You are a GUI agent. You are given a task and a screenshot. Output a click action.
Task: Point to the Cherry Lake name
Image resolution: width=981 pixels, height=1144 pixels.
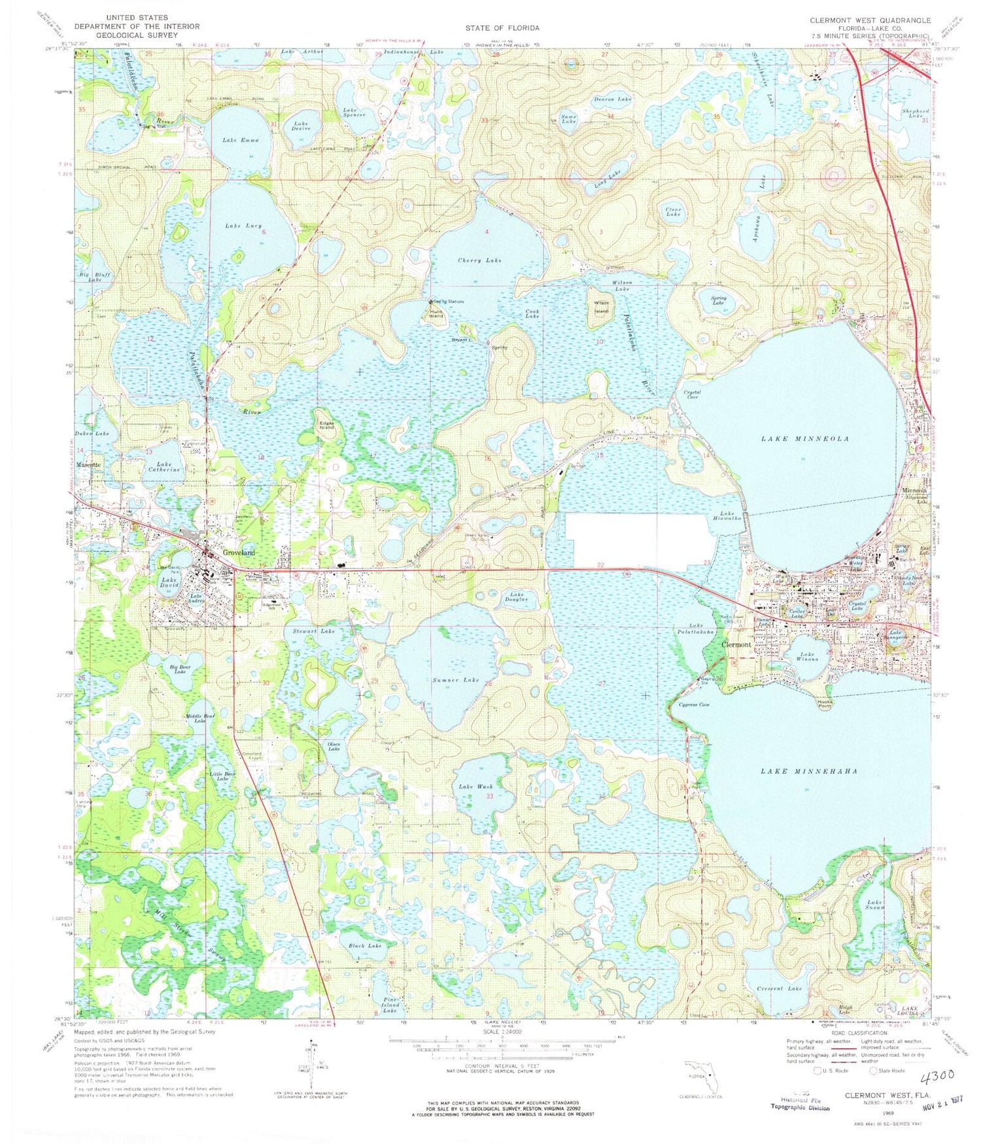point(479,260)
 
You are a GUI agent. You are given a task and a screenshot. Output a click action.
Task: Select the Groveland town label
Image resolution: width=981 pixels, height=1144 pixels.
point(239,553)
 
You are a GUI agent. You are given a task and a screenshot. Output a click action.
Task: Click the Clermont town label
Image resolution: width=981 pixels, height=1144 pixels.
point(736,644)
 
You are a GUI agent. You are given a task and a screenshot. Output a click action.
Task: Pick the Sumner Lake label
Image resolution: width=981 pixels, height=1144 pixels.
point(456,680)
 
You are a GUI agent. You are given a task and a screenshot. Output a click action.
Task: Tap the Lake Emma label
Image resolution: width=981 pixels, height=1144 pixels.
point(241,140)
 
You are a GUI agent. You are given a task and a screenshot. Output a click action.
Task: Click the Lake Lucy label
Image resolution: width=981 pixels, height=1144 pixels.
point(243,226)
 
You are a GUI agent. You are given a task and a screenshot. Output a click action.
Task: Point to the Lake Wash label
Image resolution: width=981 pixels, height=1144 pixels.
point(475,786)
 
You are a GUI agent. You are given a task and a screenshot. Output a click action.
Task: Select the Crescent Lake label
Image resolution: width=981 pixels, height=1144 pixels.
point(779,988)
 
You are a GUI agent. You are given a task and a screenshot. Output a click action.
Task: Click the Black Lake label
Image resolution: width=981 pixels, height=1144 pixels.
point(365,946)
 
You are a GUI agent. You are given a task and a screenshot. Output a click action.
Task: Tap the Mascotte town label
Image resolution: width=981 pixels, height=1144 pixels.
point(88,464)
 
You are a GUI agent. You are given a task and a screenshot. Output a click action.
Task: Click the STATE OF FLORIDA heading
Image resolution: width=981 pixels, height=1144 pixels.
point(502,28)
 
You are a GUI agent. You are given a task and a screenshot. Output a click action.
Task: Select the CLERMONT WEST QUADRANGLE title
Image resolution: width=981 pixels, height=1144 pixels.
point(870,21)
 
